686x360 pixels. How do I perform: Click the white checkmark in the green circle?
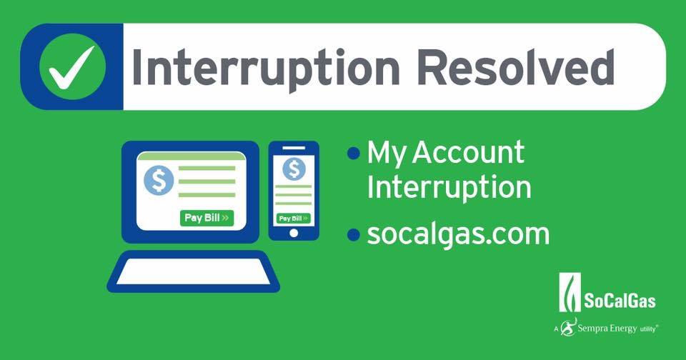coord(71,68)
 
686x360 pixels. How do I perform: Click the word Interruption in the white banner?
coord(266,69)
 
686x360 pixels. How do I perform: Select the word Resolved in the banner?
coord(516,67)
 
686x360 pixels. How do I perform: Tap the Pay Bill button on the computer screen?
coord(207,218)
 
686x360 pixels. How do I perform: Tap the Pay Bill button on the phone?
coord(294,219)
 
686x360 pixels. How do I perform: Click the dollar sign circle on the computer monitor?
coord(159,180)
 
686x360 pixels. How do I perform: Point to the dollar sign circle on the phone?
coord(294,169)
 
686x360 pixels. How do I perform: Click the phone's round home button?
coord(294,233)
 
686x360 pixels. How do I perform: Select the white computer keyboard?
coord(194,271)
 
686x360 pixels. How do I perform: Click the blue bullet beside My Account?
coord(354,153)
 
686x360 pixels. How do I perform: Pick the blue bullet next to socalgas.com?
coord(354,234)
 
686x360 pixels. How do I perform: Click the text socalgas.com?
coord(458,234)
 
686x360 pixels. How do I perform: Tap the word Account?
coord(468,152)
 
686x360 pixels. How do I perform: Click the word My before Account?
coord(387,154)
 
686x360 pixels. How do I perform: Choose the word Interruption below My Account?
coord(449,187)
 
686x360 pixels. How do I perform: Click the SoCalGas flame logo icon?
coord(570,292)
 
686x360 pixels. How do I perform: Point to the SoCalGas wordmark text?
coord(620,301)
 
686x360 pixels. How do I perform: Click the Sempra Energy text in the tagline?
coord(607,329)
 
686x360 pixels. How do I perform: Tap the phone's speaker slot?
coord(294,148)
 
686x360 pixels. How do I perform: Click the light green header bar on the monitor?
coord(192,156)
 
